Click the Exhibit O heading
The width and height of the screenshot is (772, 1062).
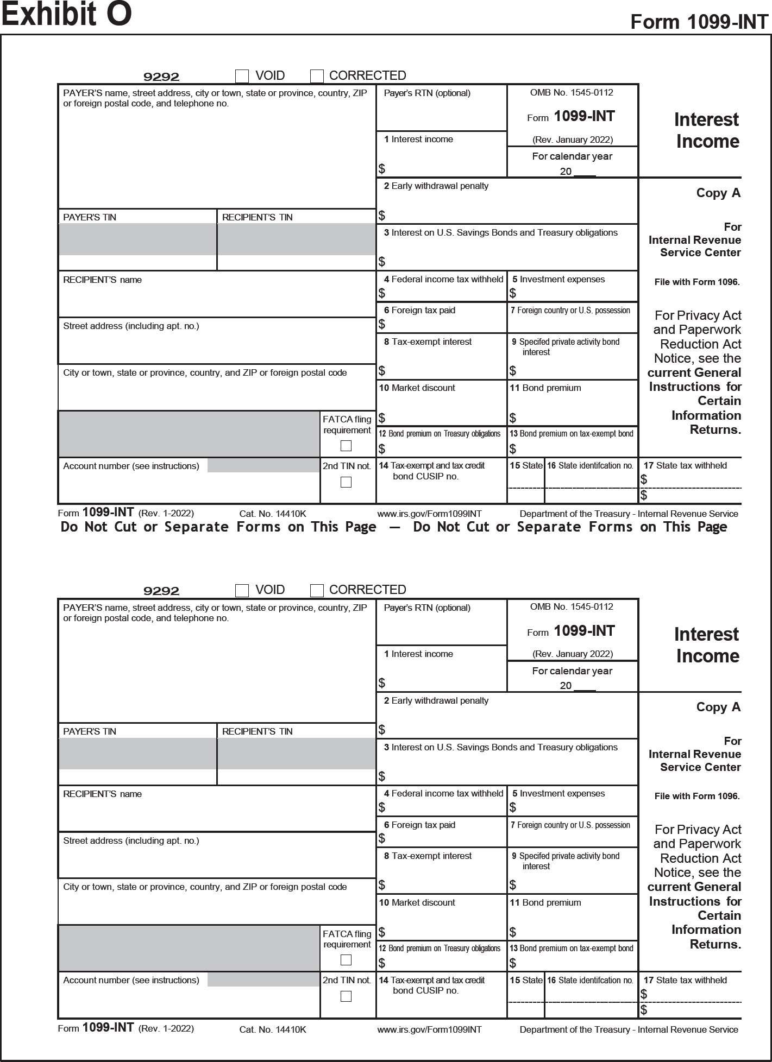pyautogui.click(x=66, y=15)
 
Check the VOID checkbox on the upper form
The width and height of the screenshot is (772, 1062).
pyautogui.click(x=242, y=76)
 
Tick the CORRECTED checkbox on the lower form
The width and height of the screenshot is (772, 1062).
pyautogui.click(x=317, y=590)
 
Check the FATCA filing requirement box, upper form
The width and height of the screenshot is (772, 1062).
pyautogui.click(x=346, y=446)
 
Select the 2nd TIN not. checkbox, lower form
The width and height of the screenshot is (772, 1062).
pyautogui.click(x=346, y=996)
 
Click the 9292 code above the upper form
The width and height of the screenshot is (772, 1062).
pyautogui.click(x=161, y=77)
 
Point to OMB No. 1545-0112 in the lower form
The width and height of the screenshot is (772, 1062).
pyautogui.click(x=572, y=606)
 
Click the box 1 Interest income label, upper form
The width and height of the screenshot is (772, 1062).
pyautogui.click(x=418, y=140)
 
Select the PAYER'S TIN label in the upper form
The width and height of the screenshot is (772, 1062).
pyautogui.click(x=90, y=217)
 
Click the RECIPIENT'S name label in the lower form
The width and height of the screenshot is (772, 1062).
pyautogui.click(x=102, y=794)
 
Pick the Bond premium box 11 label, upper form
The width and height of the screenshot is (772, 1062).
pyautogui.click(x=545, y=388)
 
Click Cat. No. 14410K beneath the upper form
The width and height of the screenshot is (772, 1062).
pyautogui.click(x=273, y=514)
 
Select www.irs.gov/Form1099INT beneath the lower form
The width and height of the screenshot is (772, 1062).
pyautogui.click(x=429, y=1029)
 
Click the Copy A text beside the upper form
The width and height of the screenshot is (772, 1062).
pyautogui.click(x=718, y=193)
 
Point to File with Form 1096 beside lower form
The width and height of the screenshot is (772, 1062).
pyautogui.click(x=697, y=796)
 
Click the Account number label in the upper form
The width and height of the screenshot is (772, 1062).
pyautogui.click(x=131, y=466)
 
